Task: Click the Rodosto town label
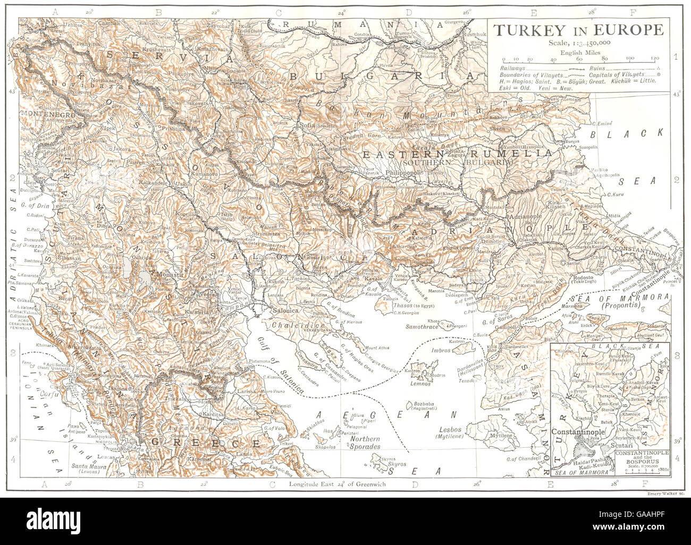pos(583,277)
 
